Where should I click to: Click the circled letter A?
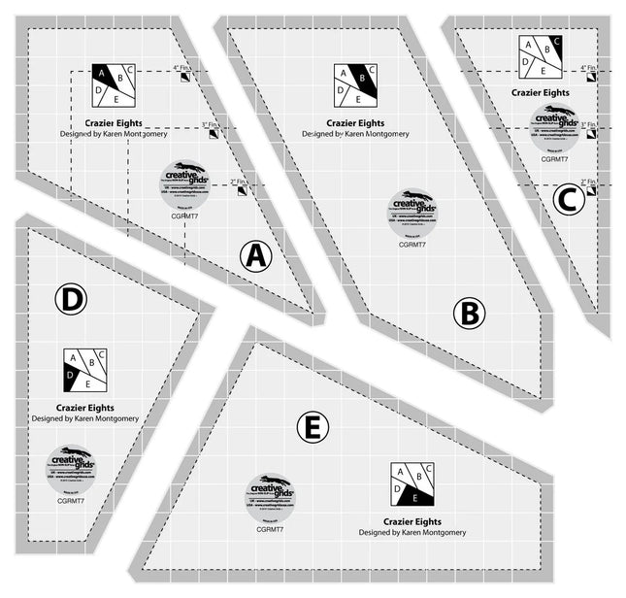[x=254, y=256]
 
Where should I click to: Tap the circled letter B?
[x=469, y=313]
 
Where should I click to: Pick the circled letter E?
[x=315, y=426]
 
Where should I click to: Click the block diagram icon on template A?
[x=114, y=84]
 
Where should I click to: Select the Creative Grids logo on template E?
[x=270, y=493]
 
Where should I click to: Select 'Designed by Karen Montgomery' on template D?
[x=84, y=418]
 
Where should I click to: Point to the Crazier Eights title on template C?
[x=541, y=93]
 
